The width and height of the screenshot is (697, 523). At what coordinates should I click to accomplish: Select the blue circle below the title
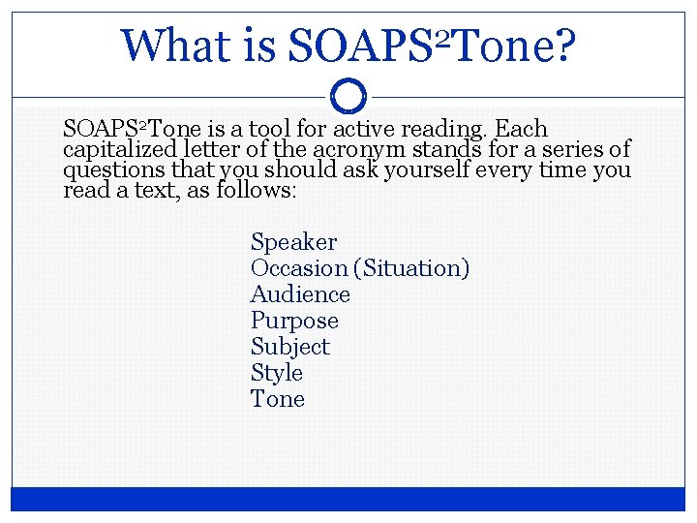[348, 95]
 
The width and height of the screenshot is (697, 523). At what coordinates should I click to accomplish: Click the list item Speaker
[293, 242]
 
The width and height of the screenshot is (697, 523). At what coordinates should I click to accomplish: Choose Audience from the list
[300, 294]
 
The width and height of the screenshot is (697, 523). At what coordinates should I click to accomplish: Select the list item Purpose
[294, 321]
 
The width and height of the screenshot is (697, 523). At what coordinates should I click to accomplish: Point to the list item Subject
[289, 347]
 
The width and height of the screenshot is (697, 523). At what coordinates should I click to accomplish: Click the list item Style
[276, 373]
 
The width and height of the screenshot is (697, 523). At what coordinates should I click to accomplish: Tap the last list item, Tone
[277, 399]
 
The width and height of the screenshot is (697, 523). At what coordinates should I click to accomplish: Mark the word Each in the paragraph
[521, 129]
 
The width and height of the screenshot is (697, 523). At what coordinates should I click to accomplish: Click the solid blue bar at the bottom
[348, 498]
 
